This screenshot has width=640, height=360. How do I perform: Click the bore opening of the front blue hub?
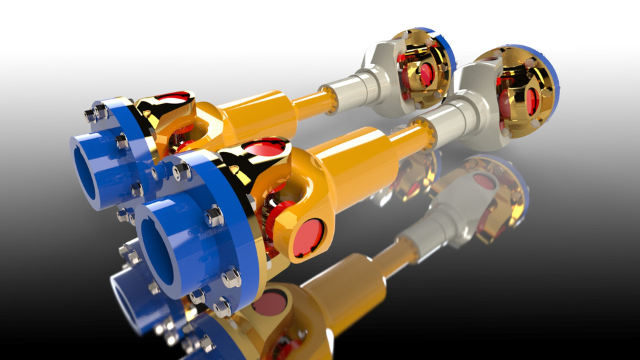click(x=162, y=252)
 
